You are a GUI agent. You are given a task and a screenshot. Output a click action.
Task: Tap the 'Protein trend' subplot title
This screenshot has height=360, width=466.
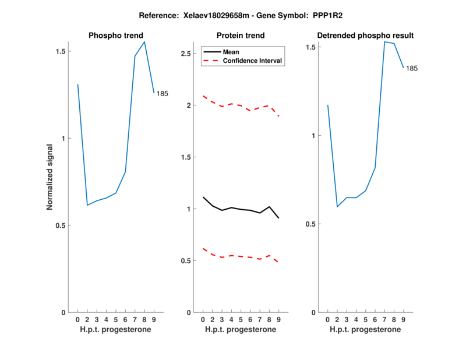pos(240,36)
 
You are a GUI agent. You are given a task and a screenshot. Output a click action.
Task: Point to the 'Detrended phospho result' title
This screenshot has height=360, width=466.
pos(365,36)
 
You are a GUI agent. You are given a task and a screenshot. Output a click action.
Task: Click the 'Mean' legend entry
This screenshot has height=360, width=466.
pos(231,52)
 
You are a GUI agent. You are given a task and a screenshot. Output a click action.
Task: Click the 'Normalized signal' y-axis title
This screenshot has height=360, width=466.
pos(50,177)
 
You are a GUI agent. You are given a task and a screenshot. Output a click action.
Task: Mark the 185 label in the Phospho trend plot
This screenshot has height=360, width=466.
pos(162,94)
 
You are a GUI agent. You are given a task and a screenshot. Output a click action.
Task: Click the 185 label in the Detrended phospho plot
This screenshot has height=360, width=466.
pos(412,69)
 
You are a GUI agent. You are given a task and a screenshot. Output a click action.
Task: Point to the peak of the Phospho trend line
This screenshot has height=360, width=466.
pos(144,41)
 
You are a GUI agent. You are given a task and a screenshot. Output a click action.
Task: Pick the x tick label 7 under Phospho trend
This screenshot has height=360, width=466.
pos(135,320)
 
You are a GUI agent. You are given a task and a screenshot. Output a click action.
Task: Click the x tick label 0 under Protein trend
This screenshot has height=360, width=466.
pos(203,320)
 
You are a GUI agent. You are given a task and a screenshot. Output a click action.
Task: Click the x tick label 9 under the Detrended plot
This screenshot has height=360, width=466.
pos(403,320)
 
